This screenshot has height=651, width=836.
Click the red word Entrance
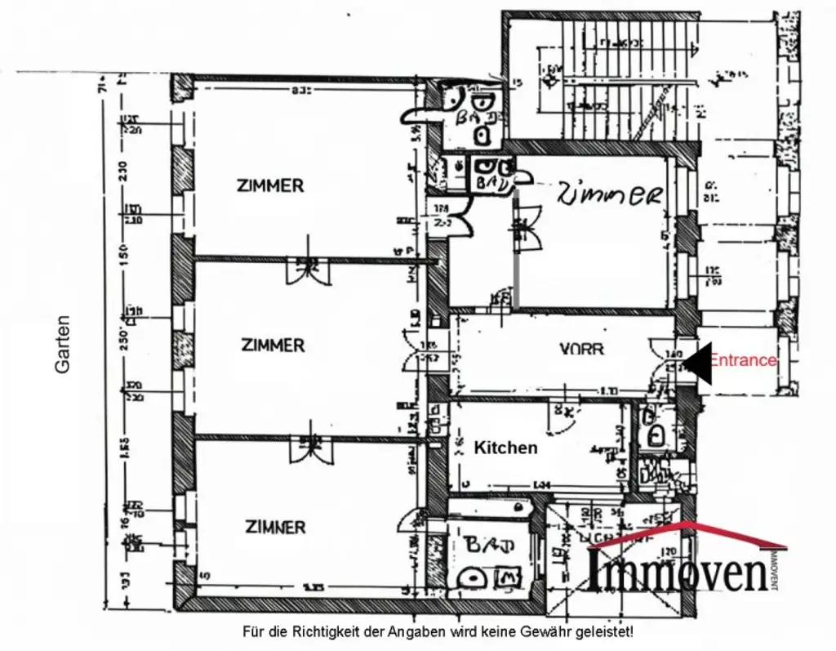pos(743,360)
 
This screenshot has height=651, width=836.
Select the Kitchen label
pos(506,448)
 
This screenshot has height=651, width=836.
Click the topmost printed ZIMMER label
pos(269,185)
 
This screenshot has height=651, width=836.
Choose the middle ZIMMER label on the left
pos(273,345)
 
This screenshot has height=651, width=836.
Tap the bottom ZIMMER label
pos(275,527)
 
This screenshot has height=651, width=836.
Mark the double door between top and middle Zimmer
pos(309,268)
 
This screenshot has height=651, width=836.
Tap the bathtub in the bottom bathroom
pos(484,511)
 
